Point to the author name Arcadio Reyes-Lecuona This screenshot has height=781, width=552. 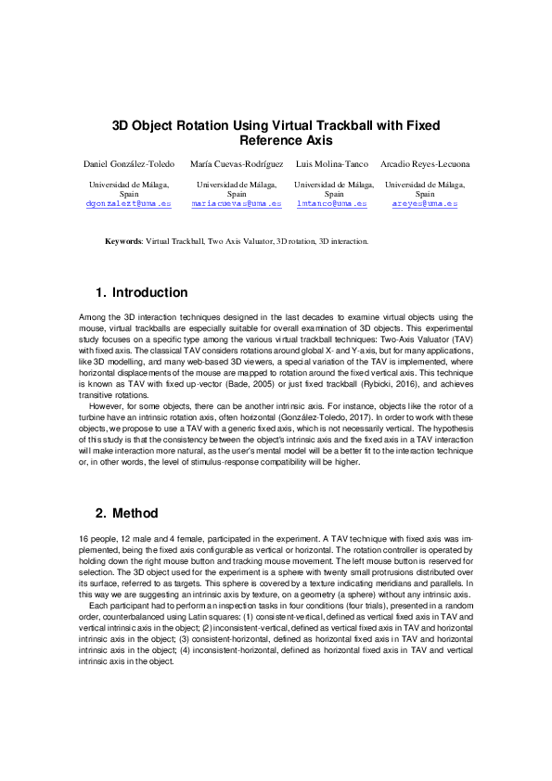coord(426,164)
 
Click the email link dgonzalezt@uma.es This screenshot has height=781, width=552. coord(128,202)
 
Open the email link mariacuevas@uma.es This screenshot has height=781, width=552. coord(237,202)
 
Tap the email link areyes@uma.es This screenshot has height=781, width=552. coord(426,202)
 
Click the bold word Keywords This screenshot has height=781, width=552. coord(122,241)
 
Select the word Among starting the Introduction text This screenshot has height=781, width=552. coord(93,317)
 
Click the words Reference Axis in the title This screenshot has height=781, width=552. coord(279,140)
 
